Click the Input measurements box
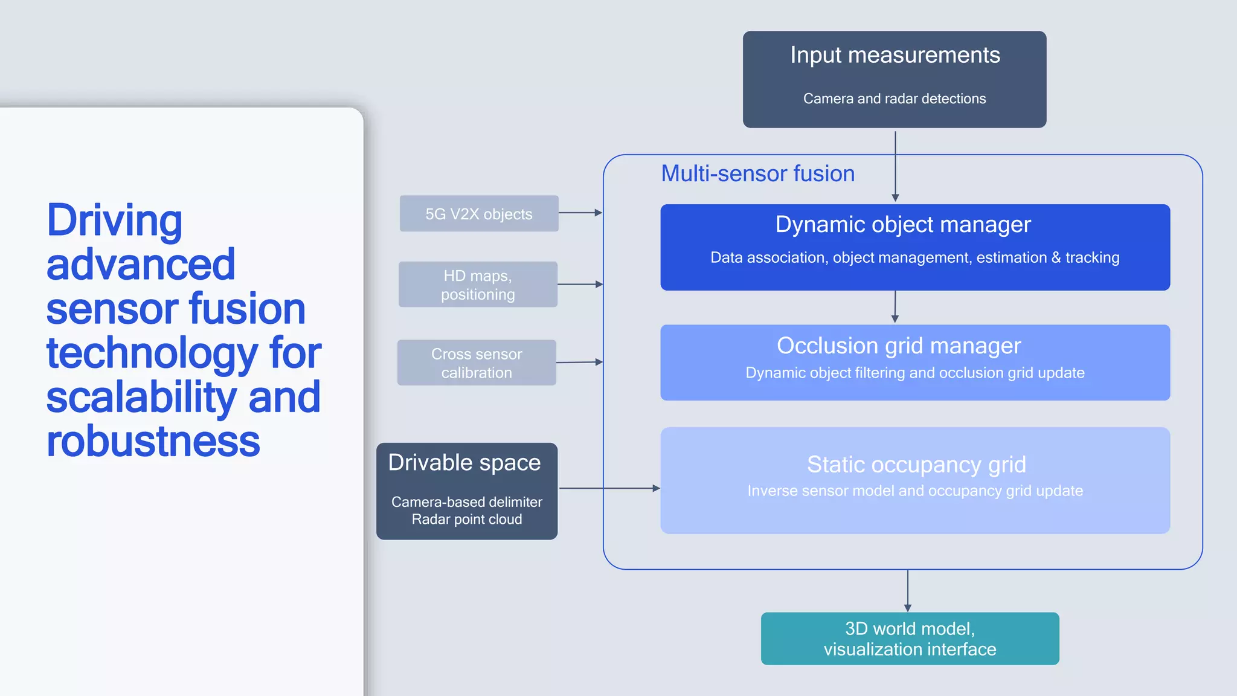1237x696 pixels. point(894,79)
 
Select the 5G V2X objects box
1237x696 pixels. point(478,213)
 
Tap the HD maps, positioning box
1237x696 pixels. point(478,285)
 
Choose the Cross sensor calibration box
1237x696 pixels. point(477,362)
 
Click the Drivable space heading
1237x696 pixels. point(464,463)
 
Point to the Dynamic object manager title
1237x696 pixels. point(902,225)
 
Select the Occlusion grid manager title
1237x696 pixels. point(898,346)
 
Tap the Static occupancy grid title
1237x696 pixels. point(916,465)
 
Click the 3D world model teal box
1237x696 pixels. point(910,639)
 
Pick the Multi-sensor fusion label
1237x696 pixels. point(757,174)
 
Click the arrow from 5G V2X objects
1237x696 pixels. point(580,213)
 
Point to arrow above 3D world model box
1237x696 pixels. point(907,590)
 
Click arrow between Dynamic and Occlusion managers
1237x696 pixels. point(895,307)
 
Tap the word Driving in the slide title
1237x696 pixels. point(114,221)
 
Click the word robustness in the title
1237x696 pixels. point(153,442)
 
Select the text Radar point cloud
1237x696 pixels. point(466,520)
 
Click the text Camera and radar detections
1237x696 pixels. point(894,98)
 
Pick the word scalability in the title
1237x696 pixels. point(141,398)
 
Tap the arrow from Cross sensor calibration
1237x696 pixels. point(579,362)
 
